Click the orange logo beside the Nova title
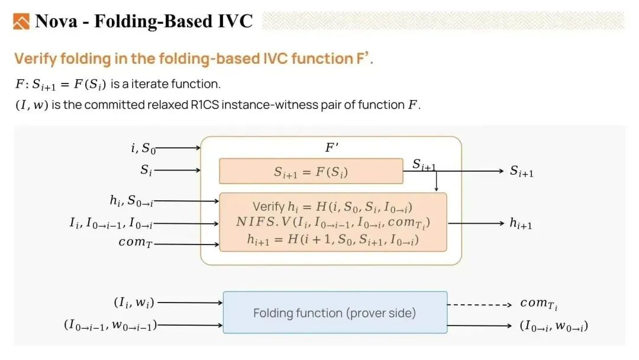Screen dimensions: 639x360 click(x=21, y=21)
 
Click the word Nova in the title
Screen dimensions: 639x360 click(x=56, y=21)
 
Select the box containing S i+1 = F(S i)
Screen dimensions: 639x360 click(x=311, y=171)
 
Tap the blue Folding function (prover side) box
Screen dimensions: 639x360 click(x=335, y=312)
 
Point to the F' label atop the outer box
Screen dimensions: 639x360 click(x=332, y=147)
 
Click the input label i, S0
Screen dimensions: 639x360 click(x=143, y=148)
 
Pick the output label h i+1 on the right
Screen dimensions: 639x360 click(x=521, y=223)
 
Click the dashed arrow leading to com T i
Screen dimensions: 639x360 click(x=479, y=304)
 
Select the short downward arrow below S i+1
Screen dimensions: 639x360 click(x=436, y=181)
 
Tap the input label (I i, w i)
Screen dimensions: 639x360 click(x=134, y=303)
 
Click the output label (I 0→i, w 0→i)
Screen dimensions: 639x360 click(x=554, y=326)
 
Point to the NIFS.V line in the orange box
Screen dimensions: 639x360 click(x=333, y=223)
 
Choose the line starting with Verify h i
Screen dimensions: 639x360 click(x=333, y=207)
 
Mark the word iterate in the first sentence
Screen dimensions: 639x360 click(x=150, y=84)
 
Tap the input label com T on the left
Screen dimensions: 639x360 click(x=135, y=242)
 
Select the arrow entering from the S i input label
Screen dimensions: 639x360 click(x=177, y=170)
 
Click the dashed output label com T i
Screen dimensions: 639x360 click(x=539, y=304)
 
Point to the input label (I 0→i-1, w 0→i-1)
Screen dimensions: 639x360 click(x=111, y=325)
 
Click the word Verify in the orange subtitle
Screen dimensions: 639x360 click(x=35, y=59)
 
